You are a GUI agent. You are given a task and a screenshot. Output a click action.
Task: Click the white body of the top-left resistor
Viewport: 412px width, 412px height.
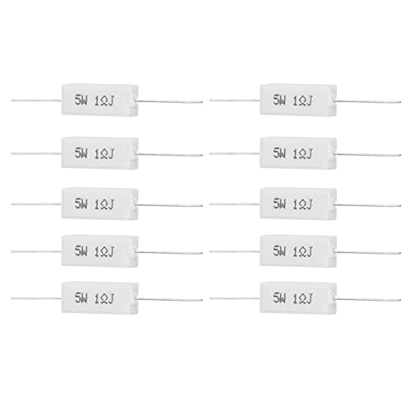click(100, 101)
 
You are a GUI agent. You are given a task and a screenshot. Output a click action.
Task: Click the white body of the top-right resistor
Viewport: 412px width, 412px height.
click(298, 101)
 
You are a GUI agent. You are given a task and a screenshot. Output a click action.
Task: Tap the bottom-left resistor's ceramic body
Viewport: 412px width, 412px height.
click(100, 297)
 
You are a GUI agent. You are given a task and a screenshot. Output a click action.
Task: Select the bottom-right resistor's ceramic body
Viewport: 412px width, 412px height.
click(298, 297)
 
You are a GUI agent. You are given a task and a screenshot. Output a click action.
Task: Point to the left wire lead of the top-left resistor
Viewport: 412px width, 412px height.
click(36, 101)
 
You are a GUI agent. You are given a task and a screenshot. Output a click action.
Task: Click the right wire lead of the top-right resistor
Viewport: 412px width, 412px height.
click(368, 101)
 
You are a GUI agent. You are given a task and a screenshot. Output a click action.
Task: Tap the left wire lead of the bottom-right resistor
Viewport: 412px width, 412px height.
click(235, 297)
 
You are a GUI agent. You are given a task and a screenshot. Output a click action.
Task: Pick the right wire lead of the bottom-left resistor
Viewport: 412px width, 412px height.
click(170, 300)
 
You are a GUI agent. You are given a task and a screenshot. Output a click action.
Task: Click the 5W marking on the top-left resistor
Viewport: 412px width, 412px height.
click(81, 101)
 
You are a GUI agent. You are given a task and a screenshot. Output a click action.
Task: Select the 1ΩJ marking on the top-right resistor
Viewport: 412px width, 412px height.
click(302, 101)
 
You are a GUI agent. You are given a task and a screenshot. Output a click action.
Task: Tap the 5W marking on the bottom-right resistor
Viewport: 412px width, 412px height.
click(279, 297)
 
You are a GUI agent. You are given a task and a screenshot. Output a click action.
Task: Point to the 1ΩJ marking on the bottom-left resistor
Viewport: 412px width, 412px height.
click(104, 298)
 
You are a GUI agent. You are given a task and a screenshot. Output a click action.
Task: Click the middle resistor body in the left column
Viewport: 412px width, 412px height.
click(100, 204)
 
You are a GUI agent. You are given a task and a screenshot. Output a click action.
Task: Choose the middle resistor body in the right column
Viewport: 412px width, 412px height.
click(298, 204)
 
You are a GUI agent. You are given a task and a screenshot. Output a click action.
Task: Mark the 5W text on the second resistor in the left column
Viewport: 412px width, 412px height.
click(81, 153)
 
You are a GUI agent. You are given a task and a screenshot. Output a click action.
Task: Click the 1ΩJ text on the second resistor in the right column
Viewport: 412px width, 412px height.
click(302, 154)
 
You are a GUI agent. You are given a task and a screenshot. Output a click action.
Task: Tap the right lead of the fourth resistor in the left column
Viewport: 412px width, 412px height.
click(170, 253)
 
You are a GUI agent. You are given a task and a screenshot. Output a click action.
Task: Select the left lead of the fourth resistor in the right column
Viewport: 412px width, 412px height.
click(235, 251)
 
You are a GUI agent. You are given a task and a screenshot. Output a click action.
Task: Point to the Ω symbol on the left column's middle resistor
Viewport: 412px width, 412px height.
click(104, 205)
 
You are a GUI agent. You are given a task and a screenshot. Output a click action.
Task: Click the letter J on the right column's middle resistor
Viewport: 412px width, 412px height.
click(309, 204)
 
